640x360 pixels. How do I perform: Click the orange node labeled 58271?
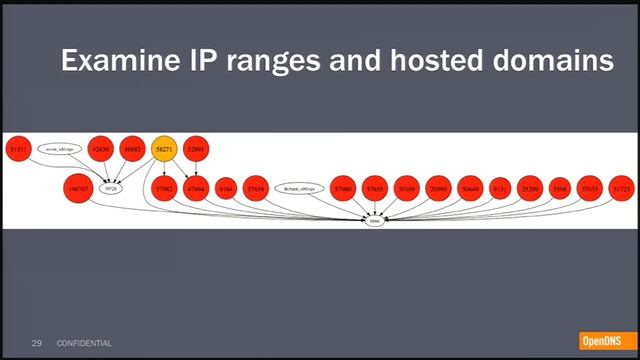pos(165,149)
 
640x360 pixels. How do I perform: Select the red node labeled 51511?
pos(18,149)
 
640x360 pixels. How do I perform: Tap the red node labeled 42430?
pos(101,149)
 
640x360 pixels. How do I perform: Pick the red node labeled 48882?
pos(132,149)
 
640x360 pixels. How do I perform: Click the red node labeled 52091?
pos(197,149)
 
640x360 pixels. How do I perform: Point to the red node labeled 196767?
pos(78,188)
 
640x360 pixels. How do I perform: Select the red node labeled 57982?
pos(165,188)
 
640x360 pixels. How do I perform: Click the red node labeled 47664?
pos(197,188)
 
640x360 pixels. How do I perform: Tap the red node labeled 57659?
pos(256,188)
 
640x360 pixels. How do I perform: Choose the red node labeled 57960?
pos(344,188)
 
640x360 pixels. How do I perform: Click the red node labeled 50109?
pos(407,188)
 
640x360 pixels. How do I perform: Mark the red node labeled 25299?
pos(530,188)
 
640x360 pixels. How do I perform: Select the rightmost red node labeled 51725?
pos(623,188)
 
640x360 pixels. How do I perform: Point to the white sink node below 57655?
pos(375,221)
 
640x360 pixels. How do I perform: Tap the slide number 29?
pos(37,344)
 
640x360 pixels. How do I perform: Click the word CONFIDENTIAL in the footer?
pos(84,344)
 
